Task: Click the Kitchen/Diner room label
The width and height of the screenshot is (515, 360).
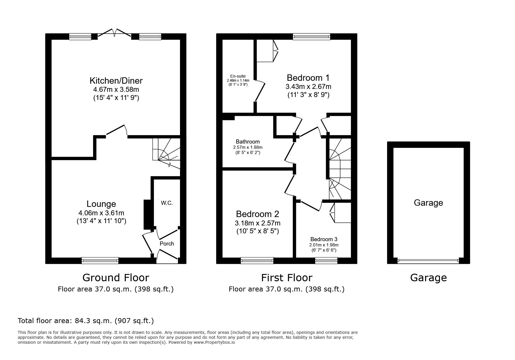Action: tap(116, 80)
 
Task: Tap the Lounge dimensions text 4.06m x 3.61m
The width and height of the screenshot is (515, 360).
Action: tap(101, 213)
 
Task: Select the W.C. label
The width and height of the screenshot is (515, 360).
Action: tap(167, 203)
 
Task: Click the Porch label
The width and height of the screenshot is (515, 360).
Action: tap(167, 243)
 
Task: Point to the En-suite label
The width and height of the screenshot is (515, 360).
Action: tap(238, 76)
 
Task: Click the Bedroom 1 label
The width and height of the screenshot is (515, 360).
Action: tap(308, 78)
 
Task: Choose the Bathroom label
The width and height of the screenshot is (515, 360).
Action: tap(248, 142)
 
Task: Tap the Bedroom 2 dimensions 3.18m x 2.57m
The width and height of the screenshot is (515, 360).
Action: tap(258, 223)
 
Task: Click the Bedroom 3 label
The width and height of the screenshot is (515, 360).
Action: tap(324, 239)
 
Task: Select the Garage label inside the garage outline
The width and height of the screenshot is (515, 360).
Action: tap(428, 203)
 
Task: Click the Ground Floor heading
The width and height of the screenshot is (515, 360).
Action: tap(116, 278)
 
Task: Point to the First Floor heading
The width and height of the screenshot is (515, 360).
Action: tap(287, 278)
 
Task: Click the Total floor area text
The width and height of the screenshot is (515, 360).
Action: tap(86, 321)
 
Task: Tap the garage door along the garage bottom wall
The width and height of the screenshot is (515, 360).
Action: tap(428, 261)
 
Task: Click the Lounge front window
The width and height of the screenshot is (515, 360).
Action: tap(100, 261)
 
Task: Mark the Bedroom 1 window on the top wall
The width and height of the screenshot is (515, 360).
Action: tap(311, 37)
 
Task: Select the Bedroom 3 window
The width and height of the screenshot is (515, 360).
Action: tap(326, 261)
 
